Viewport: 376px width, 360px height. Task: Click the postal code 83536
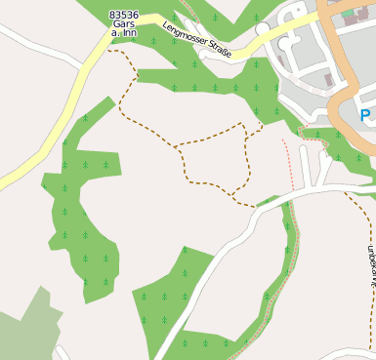tap(124, 15)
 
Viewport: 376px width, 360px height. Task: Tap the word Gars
tap(124, 23)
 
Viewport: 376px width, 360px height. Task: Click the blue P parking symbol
tap(365, 115)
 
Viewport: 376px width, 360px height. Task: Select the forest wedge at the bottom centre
tap(176, 293)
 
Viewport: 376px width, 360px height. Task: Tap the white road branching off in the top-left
tap(39, 44)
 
